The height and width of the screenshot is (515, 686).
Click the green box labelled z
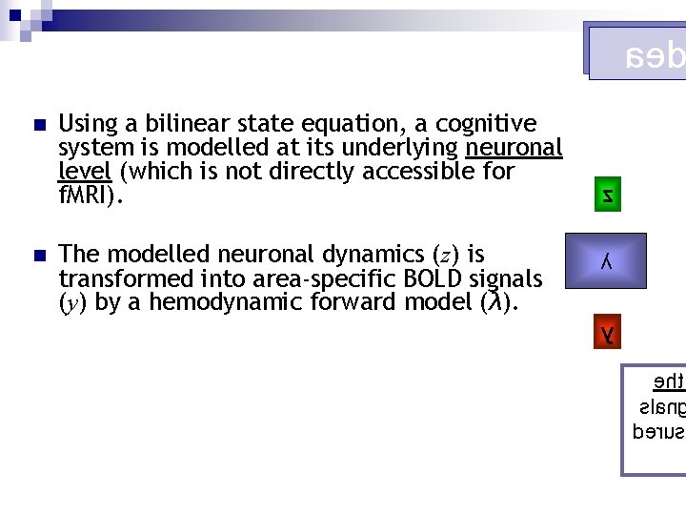[x=607, y=196]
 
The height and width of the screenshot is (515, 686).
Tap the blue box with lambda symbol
[x=606, y=261]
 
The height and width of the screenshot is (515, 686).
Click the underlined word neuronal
[x=514, y=148]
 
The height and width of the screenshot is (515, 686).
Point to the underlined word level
[x=85, y=172]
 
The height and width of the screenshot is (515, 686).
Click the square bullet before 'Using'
[x=37, y=126]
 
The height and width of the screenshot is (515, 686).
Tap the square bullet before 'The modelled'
[x=37, y=256]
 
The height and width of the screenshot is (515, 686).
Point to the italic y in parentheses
[x=74, y=304]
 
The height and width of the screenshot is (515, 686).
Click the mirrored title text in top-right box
[x=654, y=56]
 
